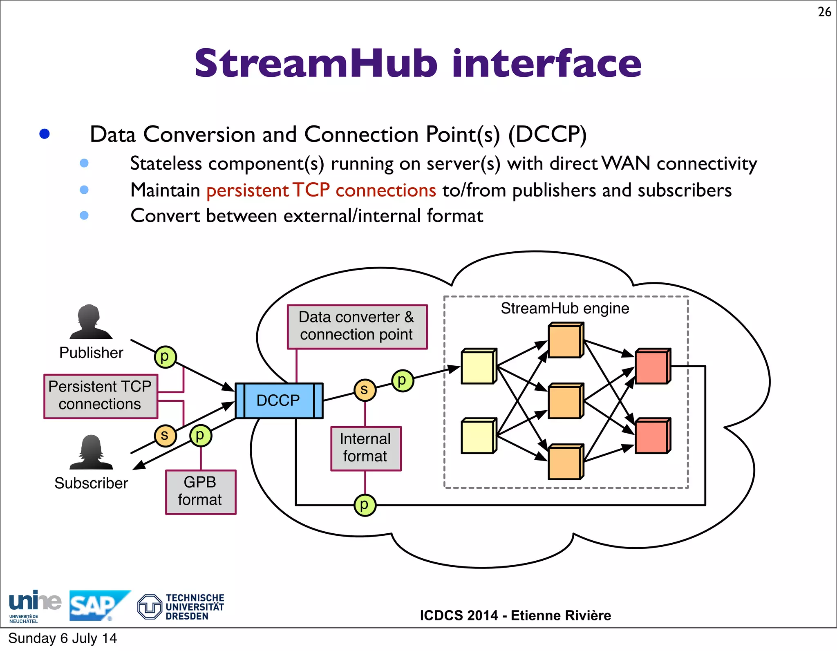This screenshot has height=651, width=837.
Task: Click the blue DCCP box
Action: click(x=279, y=400)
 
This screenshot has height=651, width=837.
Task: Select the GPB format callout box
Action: click(x=200, y=492)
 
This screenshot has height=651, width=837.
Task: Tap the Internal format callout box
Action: click(x=365, y=448)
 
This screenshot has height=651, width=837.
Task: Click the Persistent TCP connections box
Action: click(x=101, y=396)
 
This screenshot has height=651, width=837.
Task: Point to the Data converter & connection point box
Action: click(x=357, y=326)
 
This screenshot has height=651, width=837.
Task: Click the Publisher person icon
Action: click(x=91, y=322)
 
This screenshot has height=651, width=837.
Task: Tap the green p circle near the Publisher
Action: click(x=165, y=357)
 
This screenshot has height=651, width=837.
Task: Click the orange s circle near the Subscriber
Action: click(x=165, y=435)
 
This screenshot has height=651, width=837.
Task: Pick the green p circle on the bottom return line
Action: click(x=364, y=505)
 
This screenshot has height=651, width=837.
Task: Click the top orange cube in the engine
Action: click(x=565, y=340)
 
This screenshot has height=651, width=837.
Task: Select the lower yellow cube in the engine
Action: click(x=478, y=436)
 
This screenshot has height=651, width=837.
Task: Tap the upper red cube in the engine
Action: click(x=652, y=366)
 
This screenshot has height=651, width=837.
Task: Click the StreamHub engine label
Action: click(x=565, y=309)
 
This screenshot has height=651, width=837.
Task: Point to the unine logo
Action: click(x=34, y=604)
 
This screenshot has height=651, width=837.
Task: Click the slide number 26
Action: click(x=824, y=12)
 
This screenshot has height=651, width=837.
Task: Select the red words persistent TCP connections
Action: click(x=321, y=190)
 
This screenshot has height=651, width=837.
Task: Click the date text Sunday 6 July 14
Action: click(x=63, y=638)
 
